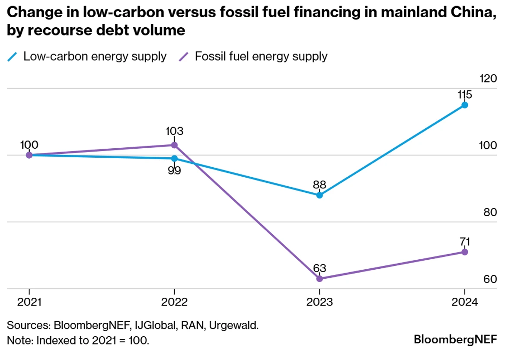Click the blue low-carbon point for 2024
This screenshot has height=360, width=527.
(x=464, y=105)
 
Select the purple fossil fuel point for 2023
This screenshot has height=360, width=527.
(x=319, y=279)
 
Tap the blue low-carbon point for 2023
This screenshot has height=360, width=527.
(x=319, y=195)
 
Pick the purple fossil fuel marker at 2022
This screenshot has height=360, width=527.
(x=174, y=145)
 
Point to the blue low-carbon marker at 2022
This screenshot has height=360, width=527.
(x=174, y=159)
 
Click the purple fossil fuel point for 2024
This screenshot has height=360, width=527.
(x=464, y=252)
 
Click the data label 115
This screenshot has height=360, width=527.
(x=464, y=95)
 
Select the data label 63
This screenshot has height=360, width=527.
(x=319, y=268)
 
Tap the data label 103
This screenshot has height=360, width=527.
(x=174, y=131)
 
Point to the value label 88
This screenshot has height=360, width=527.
(x=319, y=185)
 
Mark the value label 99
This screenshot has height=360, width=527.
(x=174, y=170)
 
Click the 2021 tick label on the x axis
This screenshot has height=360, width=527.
(x=29, y=303)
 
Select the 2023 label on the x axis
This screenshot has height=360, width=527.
(x=319, y=303)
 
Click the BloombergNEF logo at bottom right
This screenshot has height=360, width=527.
(x=455, y=339)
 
